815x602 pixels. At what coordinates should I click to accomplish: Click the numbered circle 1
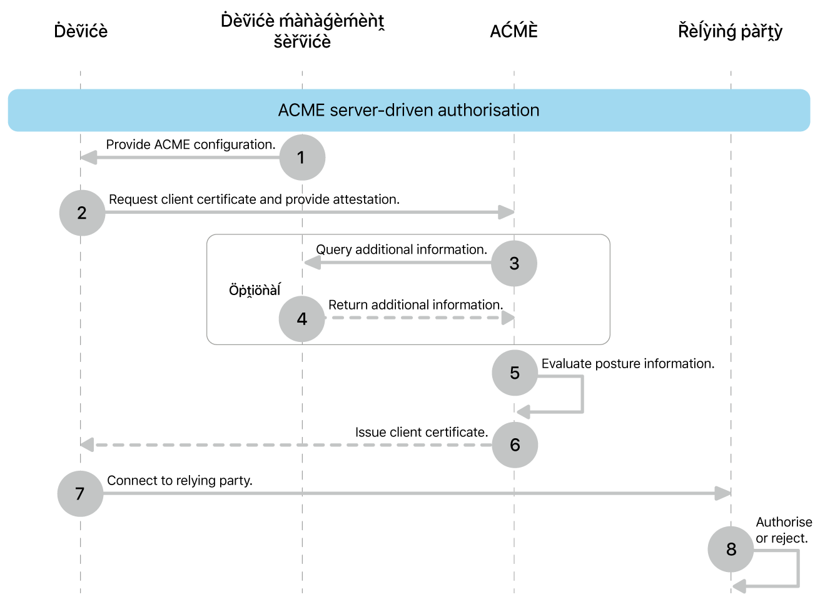pos(302,158)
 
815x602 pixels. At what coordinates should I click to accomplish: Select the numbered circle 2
pos(82,213)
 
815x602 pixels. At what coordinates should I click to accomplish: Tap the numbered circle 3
pos(514,264)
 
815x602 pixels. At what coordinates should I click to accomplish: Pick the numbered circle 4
pos(302,319)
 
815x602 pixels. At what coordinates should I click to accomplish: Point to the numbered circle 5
pos(515,373)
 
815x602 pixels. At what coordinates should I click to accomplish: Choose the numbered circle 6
pos(515,445)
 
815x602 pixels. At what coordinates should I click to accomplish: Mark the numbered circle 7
pos(80,494)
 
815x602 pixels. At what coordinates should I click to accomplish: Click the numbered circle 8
pos(731,549)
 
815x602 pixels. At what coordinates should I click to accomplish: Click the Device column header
pos(81,31)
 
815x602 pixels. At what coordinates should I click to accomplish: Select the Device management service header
pos(302,31)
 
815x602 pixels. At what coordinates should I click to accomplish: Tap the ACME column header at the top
pos(514,31)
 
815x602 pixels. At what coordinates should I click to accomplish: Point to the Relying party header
pos(730,31)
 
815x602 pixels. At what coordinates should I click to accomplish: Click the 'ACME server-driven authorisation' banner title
pos(408,110)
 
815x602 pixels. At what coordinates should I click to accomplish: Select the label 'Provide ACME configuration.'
pos(191,144)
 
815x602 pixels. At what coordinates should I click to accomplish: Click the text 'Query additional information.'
pos(401,249)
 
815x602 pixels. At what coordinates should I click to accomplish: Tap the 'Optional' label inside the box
pos(255,290)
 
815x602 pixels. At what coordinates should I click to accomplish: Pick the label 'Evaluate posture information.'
pos(627,363)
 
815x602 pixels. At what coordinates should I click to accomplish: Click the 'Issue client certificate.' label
pos(421,432)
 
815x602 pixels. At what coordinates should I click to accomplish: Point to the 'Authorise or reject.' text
pos(783,530)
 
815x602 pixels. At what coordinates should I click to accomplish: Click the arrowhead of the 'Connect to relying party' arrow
pos(723,494)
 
